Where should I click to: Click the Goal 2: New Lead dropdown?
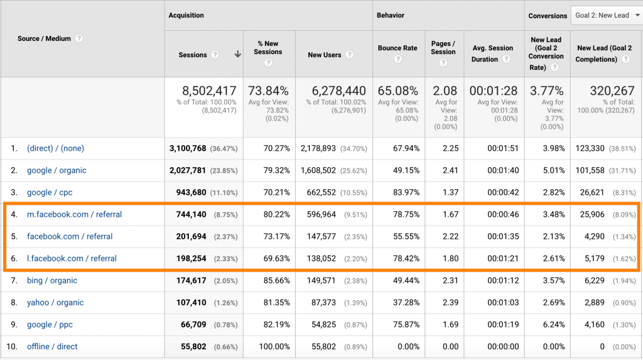tap(605, 15)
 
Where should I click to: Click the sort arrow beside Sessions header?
tap(238, 55)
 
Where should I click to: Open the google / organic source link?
tap(57, 170)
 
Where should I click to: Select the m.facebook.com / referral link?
tap(74, 214)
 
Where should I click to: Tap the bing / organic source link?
tap(52, 280)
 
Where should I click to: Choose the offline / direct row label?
tap(52, 346)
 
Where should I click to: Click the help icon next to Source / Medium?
tap(79, 38)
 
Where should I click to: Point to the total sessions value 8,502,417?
tap(209, 91)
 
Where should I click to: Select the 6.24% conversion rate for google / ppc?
tap(553, 324)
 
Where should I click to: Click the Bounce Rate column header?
tap(397, 48)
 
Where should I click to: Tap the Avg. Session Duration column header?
tap(492, 53)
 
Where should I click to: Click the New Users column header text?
tap(324, 55)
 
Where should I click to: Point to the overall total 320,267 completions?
tap(611, 91)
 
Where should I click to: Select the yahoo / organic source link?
tap(55, 302)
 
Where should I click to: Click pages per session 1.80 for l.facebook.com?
tap(443, 258)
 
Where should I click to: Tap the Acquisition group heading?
tap(186, 15)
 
